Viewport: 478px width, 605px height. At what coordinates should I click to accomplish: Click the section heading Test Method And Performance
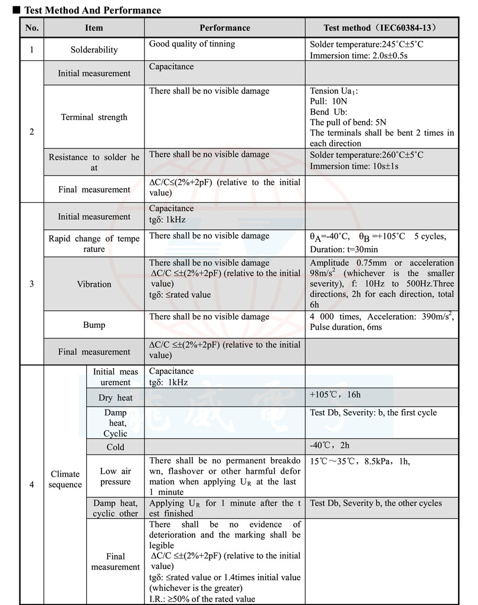[x=91, y=10]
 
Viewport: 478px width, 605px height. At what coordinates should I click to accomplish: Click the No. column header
[x=32, y=28]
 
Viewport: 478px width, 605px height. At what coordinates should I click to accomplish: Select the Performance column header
[x=224, y=28]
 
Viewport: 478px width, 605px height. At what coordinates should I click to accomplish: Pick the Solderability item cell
[x=94, y=50]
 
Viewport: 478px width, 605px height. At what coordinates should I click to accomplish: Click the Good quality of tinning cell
[x=192, y=44]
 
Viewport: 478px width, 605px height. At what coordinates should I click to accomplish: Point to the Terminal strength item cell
[x=94, y=117]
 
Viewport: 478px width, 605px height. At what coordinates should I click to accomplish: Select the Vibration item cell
[x=94, y=284]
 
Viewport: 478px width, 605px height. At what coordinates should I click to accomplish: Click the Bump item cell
[x=94, y=325]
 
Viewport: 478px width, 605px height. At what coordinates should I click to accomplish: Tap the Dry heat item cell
[x=116, y=398]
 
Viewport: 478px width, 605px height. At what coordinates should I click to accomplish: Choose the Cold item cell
[x=116, y=447]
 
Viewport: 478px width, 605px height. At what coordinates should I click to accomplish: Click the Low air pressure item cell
[x=116, y=476]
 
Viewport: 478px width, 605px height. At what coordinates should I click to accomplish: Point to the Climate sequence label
[x=65, y=479]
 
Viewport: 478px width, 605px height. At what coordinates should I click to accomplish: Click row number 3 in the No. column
[x=32, y=284]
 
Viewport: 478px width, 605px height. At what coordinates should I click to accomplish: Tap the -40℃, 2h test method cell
[x=330, y=445]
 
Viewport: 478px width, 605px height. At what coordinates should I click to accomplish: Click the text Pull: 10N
[x=329, y=101]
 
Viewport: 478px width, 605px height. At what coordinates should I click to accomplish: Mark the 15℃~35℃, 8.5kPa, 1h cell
[x=359, y=461]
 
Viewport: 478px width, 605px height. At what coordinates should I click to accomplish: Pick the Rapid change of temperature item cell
[x=94, y=243]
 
